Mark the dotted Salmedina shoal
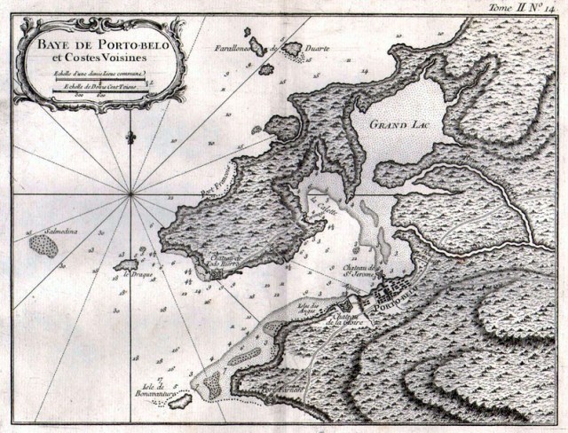click(x=43, y=244)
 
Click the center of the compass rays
click(x=131, y=192)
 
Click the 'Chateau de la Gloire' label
click(x=343, y=319)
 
